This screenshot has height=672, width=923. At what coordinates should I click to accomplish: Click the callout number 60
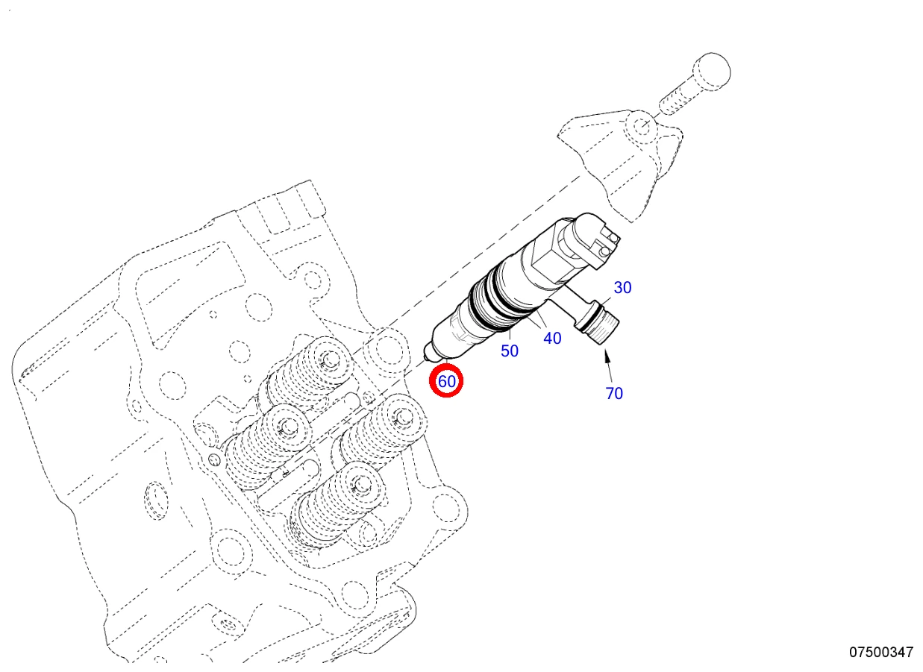click(447, 381)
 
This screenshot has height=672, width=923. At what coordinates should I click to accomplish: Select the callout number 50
click(510, 351)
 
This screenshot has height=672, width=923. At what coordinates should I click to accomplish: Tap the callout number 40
click(552, 338)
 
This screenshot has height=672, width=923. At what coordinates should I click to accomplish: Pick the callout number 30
click(622, 287)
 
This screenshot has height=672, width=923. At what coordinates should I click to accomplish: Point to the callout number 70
click(614, 393)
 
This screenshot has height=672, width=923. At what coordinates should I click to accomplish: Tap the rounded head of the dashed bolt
click(712, 71)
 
